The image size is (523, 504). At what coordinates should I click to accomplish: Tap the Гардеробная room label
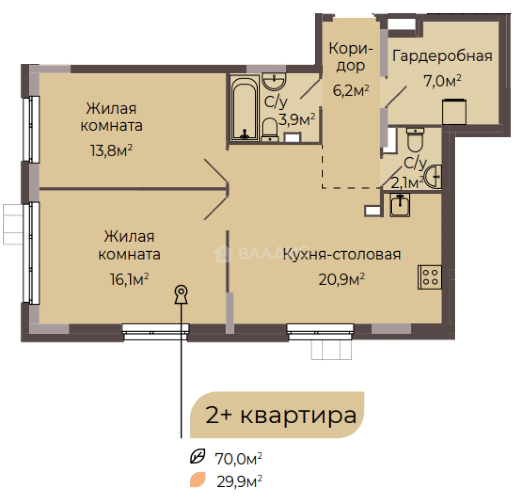[x=443, y=56]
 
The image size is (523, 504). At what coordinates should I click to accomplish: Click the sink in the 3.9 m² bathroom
[x=274, y=82]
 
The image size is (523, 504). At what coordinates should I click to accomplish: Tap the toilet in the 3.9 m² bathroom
[x=269, y=129]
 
